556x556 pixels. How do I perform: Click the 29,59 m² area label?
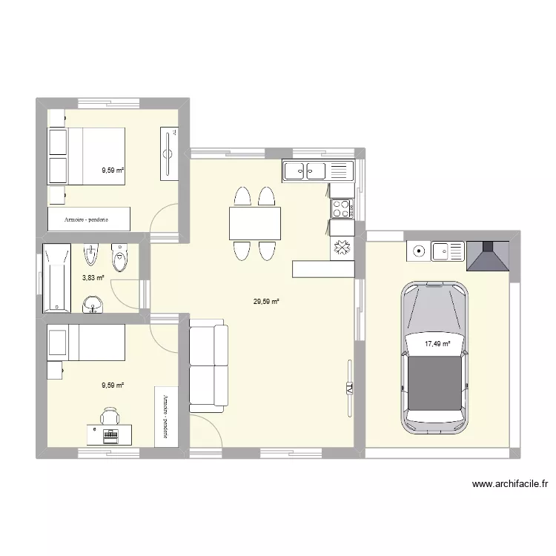click(x=265, y=302)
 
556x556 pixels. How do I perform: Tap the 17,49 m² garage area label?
click(x=437, y=343)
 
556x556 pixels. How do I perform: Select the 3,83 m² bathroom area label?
click(x=93, y=278)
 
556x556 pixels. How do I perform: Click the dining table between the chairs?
click(x=254, y=223)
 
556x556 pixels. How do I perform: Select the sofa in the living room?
click(x=208, y=365)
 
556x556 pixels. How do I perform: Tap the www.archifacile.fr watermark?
click(x=511, y=485)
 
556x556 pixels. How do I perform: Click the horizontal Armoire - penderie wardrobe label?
click(x=88, y=219)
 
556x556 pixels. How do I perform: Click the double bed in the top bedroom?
click(x=87, y=156)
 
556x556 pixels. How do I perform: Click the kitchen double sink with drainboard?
click(x=314, y=171)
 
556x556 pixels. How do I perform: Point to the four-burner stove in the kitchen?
click(x=342, y=208)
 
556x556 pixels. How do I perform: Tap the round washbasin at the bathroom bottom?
click(x=92, y=303)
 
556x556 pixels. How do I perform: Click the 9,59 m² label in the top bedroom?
click(x=113, y=170)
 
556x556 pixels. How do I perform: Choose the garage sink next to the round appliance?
click(x=448, y=252)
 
